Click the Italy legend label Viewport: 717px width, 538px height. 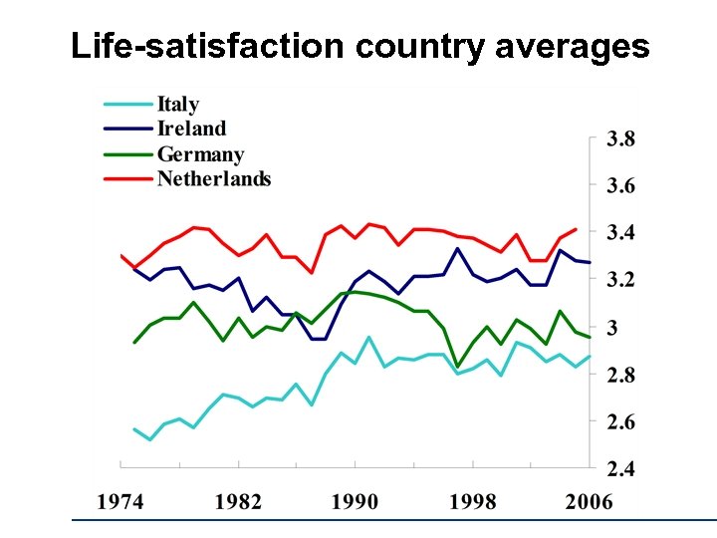coord(178,104)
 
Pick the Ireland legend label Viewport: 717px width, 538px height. coord(192,129)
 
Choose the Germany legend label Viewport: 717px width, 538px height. coord(200,154)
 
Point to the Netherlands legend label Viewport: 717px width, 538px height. coord(213,179)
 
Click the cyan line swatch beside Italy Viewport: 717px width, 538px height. coord(127,103)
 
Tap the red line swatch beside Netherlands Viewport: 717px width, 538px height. coord(127,178)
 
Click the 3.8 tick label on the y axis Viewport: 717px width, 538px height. coord(620,139)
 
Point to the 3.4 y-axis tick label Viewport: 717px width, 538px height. coord(620,233)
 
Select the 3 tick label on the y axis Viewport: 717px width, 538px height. coord(611,327)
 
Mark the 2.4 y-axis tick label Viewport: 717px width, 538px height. coord(620,468)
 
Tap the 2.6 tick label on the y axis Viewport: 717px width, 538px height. coord(620,421)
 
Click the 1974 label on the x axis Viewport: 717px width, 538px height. coord(121,500)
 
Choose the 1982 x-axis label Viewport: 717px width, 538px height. coord(238,500)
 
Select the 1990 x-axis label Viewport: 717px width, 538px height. coord(355,500)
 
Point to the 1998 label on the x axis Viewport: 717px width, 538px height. coord(471,500)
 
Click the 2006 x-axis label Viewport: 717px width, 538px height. coord(588,500)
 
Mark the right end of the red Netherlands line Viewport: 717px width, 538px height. coord(576,229)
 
